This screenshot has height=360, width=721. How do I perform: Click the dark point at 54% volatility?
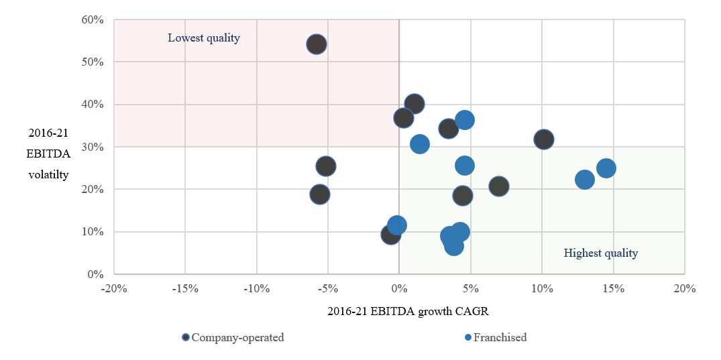tap(317, 44)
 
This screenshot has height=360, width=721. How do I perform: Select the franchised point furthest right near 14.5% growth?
tap(606, 168)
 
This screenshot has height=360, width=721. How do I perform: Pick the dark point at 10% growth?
tap(544, 139)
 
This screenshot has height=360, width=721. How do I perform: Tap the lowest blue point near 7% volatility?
tap(454, 246)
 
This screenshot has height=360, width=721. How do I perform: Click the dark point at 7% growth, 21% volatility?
tap(499, 186)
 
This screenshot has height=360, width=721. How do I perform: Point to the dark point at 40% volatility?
tap(414, 104)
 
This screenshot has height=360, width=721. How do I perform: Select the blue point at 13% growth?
tap(585, 180)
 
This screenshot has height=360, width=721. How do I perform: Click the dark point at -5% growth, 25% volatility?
tap(326, 166)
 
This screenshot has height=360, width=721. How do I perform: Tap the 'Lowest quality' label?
tap(204, 38)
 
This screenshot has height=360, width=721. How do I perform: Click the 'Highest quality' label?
tap(600, 253)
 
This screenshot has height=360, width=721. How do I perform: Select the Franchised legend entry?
tap(500, 337)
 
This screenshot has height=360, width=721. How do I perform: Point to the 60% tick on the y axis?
tap(93, 19)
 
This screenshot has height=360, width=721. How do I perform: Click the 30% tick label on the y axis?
tap(93, 147)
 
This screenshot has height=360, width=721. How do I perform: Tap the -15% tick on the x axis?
tap(185, 289)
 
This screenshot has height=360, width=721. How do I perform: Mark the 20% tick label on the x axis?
tap(685, 289)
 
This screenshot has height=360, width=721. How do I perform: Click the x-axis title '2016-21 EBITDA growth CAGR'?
tap(398, 311)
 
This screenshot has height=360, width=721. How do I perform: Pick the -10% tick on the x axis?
tap(256, 289)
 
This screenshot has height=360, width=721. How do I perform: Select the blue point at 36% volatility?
tap(465, 120)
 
